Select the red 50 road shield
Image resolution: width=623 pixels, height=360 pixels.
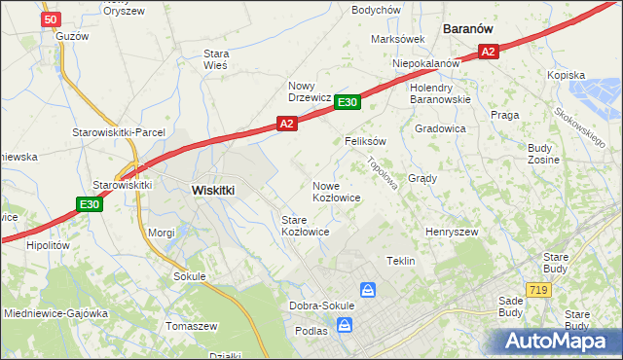pyautogui.click(x=52, y=18)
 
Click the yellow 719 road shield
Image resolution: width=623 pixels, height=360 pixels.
pyautogui.click(x=537, y=290)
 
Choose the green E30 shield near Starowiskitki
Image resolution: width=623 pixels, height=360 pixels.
pyautogui.click(x=90, y=204)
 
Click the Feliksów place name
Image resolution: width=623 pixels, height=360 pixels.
pyautogui.click(x=366, y=141)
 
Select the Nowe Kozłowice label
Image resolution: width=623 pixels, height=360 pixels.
pyautogui.click(x=337, y=192)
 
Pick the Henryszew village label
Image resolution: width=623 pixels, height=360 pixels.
pyautogui.click(x=452, y=233)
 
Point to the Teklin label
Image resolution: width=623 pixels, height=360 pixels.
pyautogui.click(x=401, y=262)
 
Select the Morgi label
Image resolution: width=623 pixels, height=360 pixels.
pyautogui.click(x=161, y=234)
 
